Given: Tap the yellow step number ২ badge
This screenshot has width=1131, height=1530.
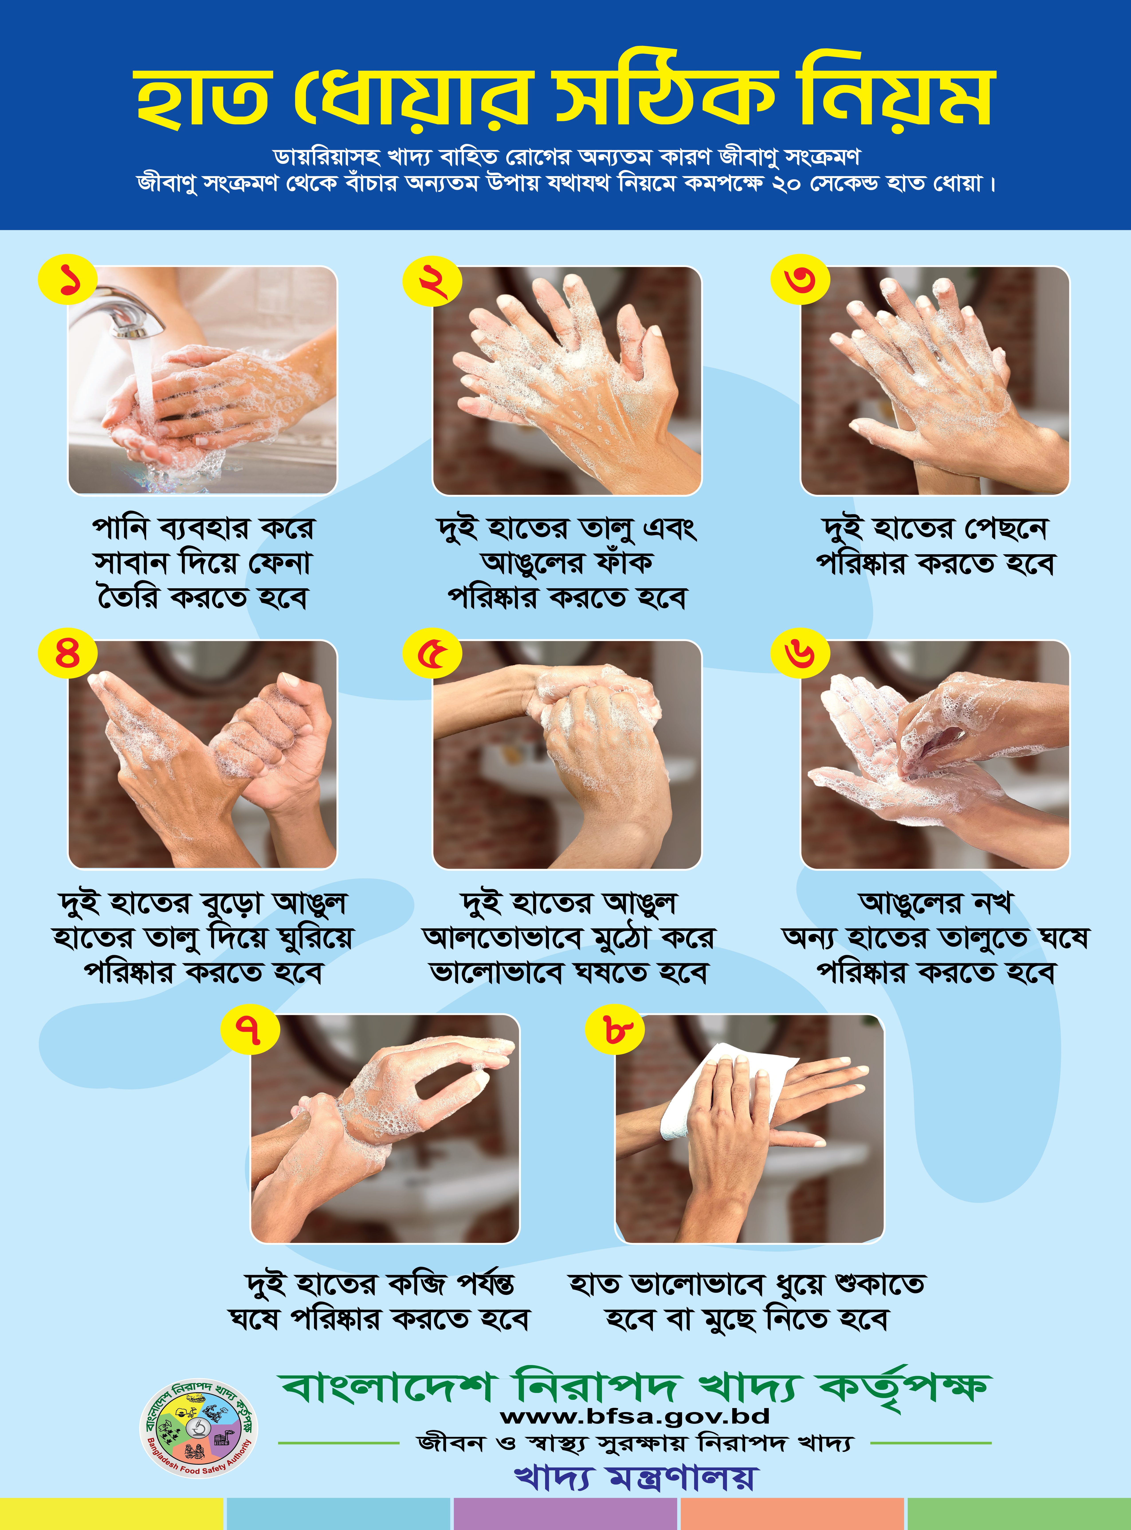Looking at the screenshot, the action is pyautogui.click(x=432, y=281).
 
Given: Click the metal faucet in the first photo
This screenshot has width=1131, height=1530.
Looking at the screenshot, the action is pyautogui.click(x=120, y=312).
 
